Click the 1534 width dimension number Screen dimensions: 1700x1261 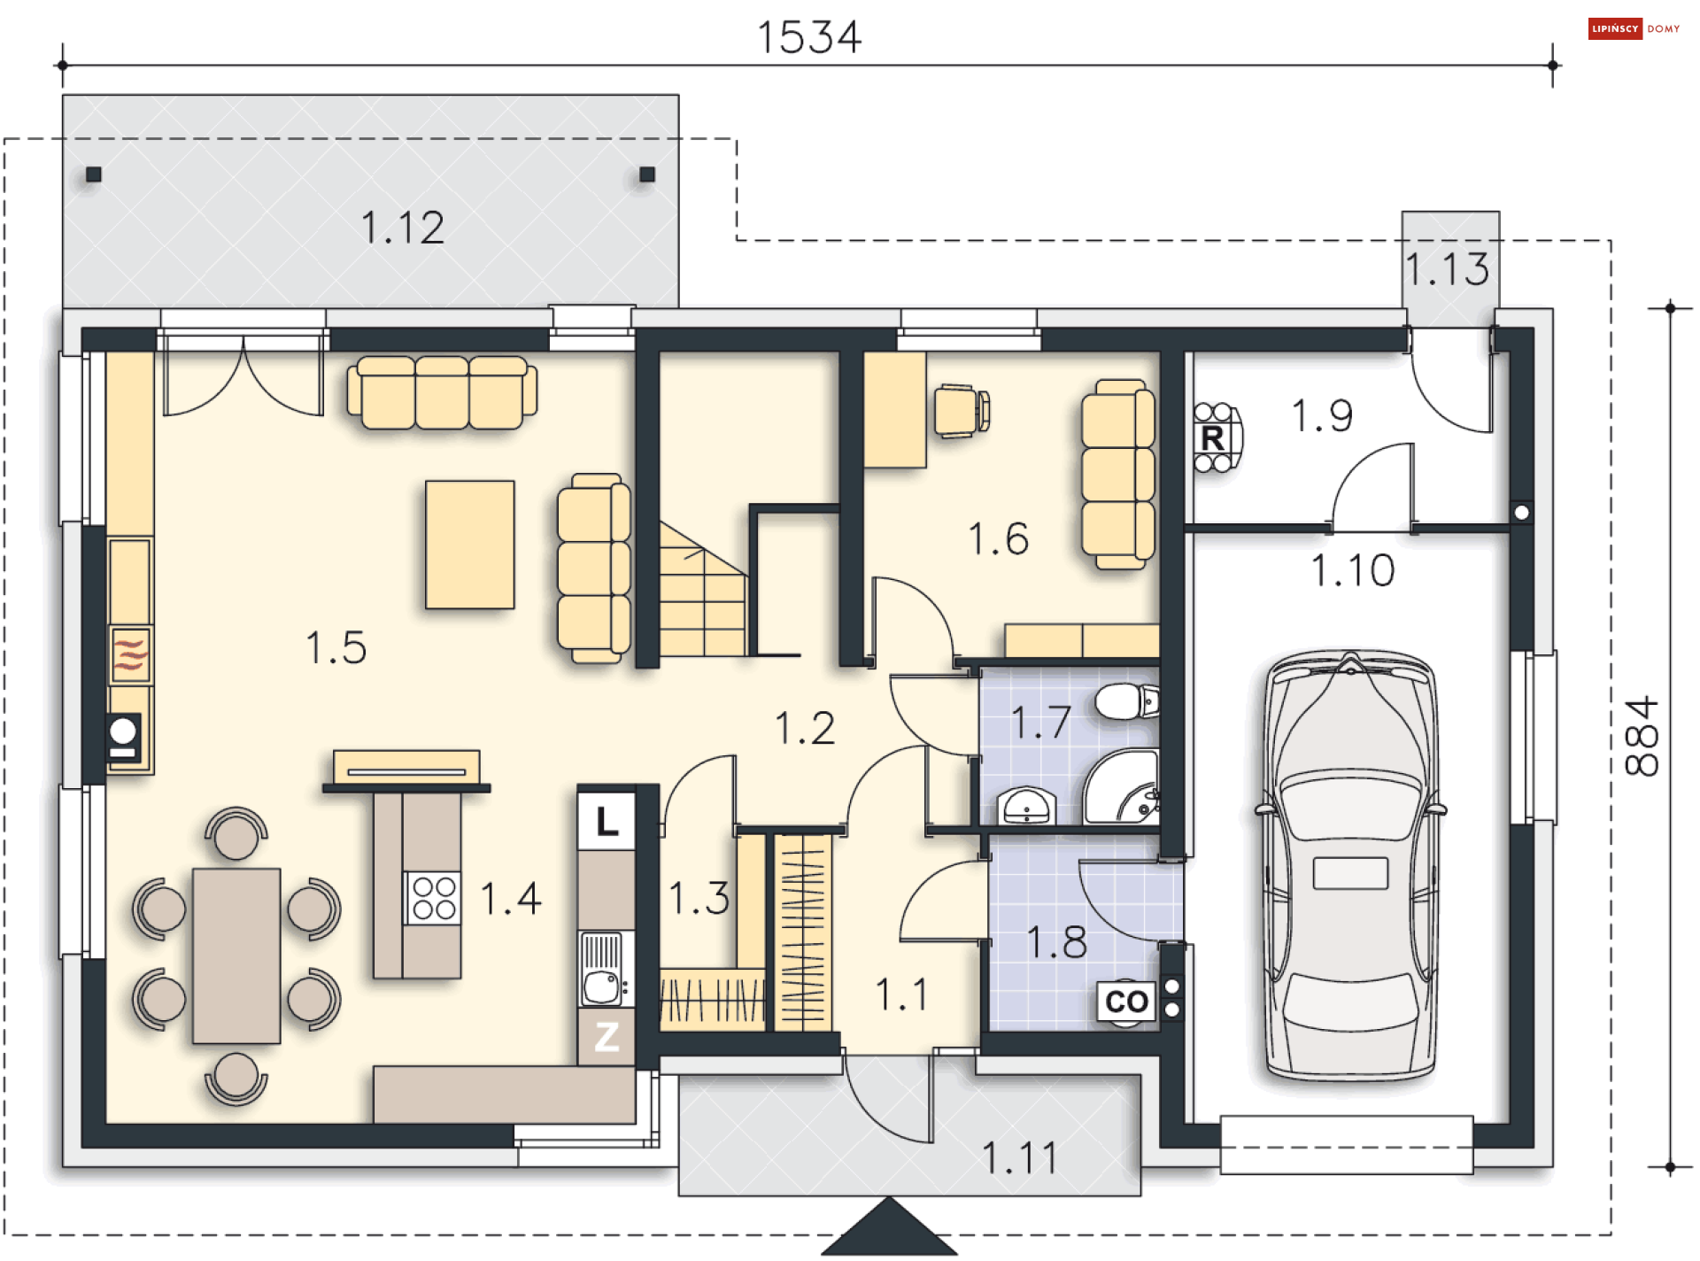pyautogui.click(x=808, y=37)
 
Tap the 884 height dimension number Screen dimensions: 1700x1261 pyautogui.click(x=1641, y=736)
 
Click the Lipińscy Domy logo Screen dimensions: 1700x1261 pyautogui.click(x=1634, y=29)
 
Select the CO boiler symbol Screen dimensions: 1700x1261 pyautogui.click(x=1126, y=1002)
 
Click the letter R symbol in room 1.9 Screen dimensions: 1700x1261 pyautogui.click(x=1212, y=437)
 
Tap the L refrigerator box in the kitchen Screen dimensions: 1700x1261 pyautogui.click(x=607, y=821)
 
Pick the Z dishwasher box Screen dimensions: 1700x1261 pyautogui.click(x=607, y=1036)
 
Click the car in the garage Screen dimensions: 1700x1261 pyautogui.click(x=1350, y=866)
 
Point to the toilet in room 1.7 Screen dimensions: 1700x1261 pyautogui.click(x=1127, y=701)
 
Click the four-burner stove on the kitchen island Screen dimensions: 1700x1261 pyautogui.click(x=434, y=898)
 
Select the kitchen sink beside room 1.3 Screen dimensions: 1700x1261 pyautogui.click(x=607, y=969)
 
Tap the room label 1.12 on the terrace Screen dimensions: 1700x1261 pyautogui.click(x=403, y=228)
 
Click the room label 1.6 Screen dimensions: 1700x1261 pyautogui.click(x=999, y=538)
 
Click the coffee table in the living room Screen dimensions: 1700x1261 pyautogui.click(x=470, y=545)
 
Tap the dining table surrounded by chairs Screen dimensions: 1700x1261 pyautogui.click(x=236, y=955)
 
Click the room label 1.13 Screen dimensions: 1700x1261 pyautogui.click(x=1449, y=269)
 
